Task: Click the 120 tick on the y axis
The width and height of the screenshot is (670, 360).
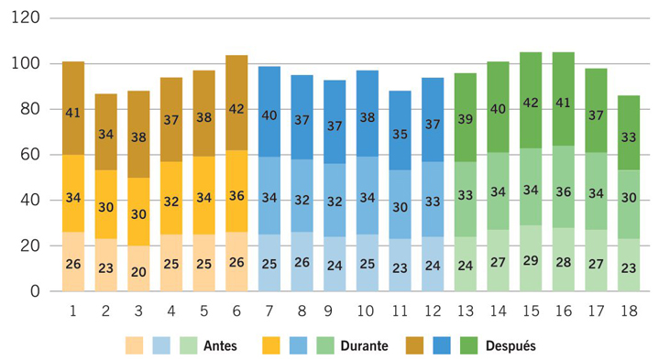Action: [x=25, y=17]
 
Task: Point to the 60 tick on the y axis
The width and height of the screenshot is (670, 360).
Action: [x=29, y=154]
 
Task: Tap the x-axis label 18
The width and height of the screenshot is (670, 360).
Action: [x=628, y=311]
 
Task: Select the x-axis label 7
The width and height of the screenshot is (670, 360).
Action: [x=269, y=311]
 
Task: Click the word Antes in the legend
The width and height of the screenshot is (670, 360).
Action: [x=219, y=346]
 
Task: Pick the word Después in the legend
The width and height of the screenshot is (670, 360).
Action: [x=511, y=346]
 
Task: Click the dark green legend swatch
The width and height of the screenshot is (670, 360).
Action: [x=468, y=345]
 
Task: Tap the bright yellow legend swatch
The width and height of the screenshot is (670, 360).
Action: [x=271, y=345]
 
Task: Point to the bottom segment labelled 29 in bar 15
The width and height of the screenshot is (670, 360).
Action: [x=530, y=258]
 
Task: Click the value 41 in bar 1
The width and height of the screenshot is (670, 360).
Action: [x=73, y=114]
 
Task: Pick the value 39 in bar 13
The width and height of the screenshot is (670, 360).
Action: [x=465, y=118]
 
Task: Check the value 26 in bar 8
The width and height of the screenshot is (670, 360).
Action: [x=302, y=262]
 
